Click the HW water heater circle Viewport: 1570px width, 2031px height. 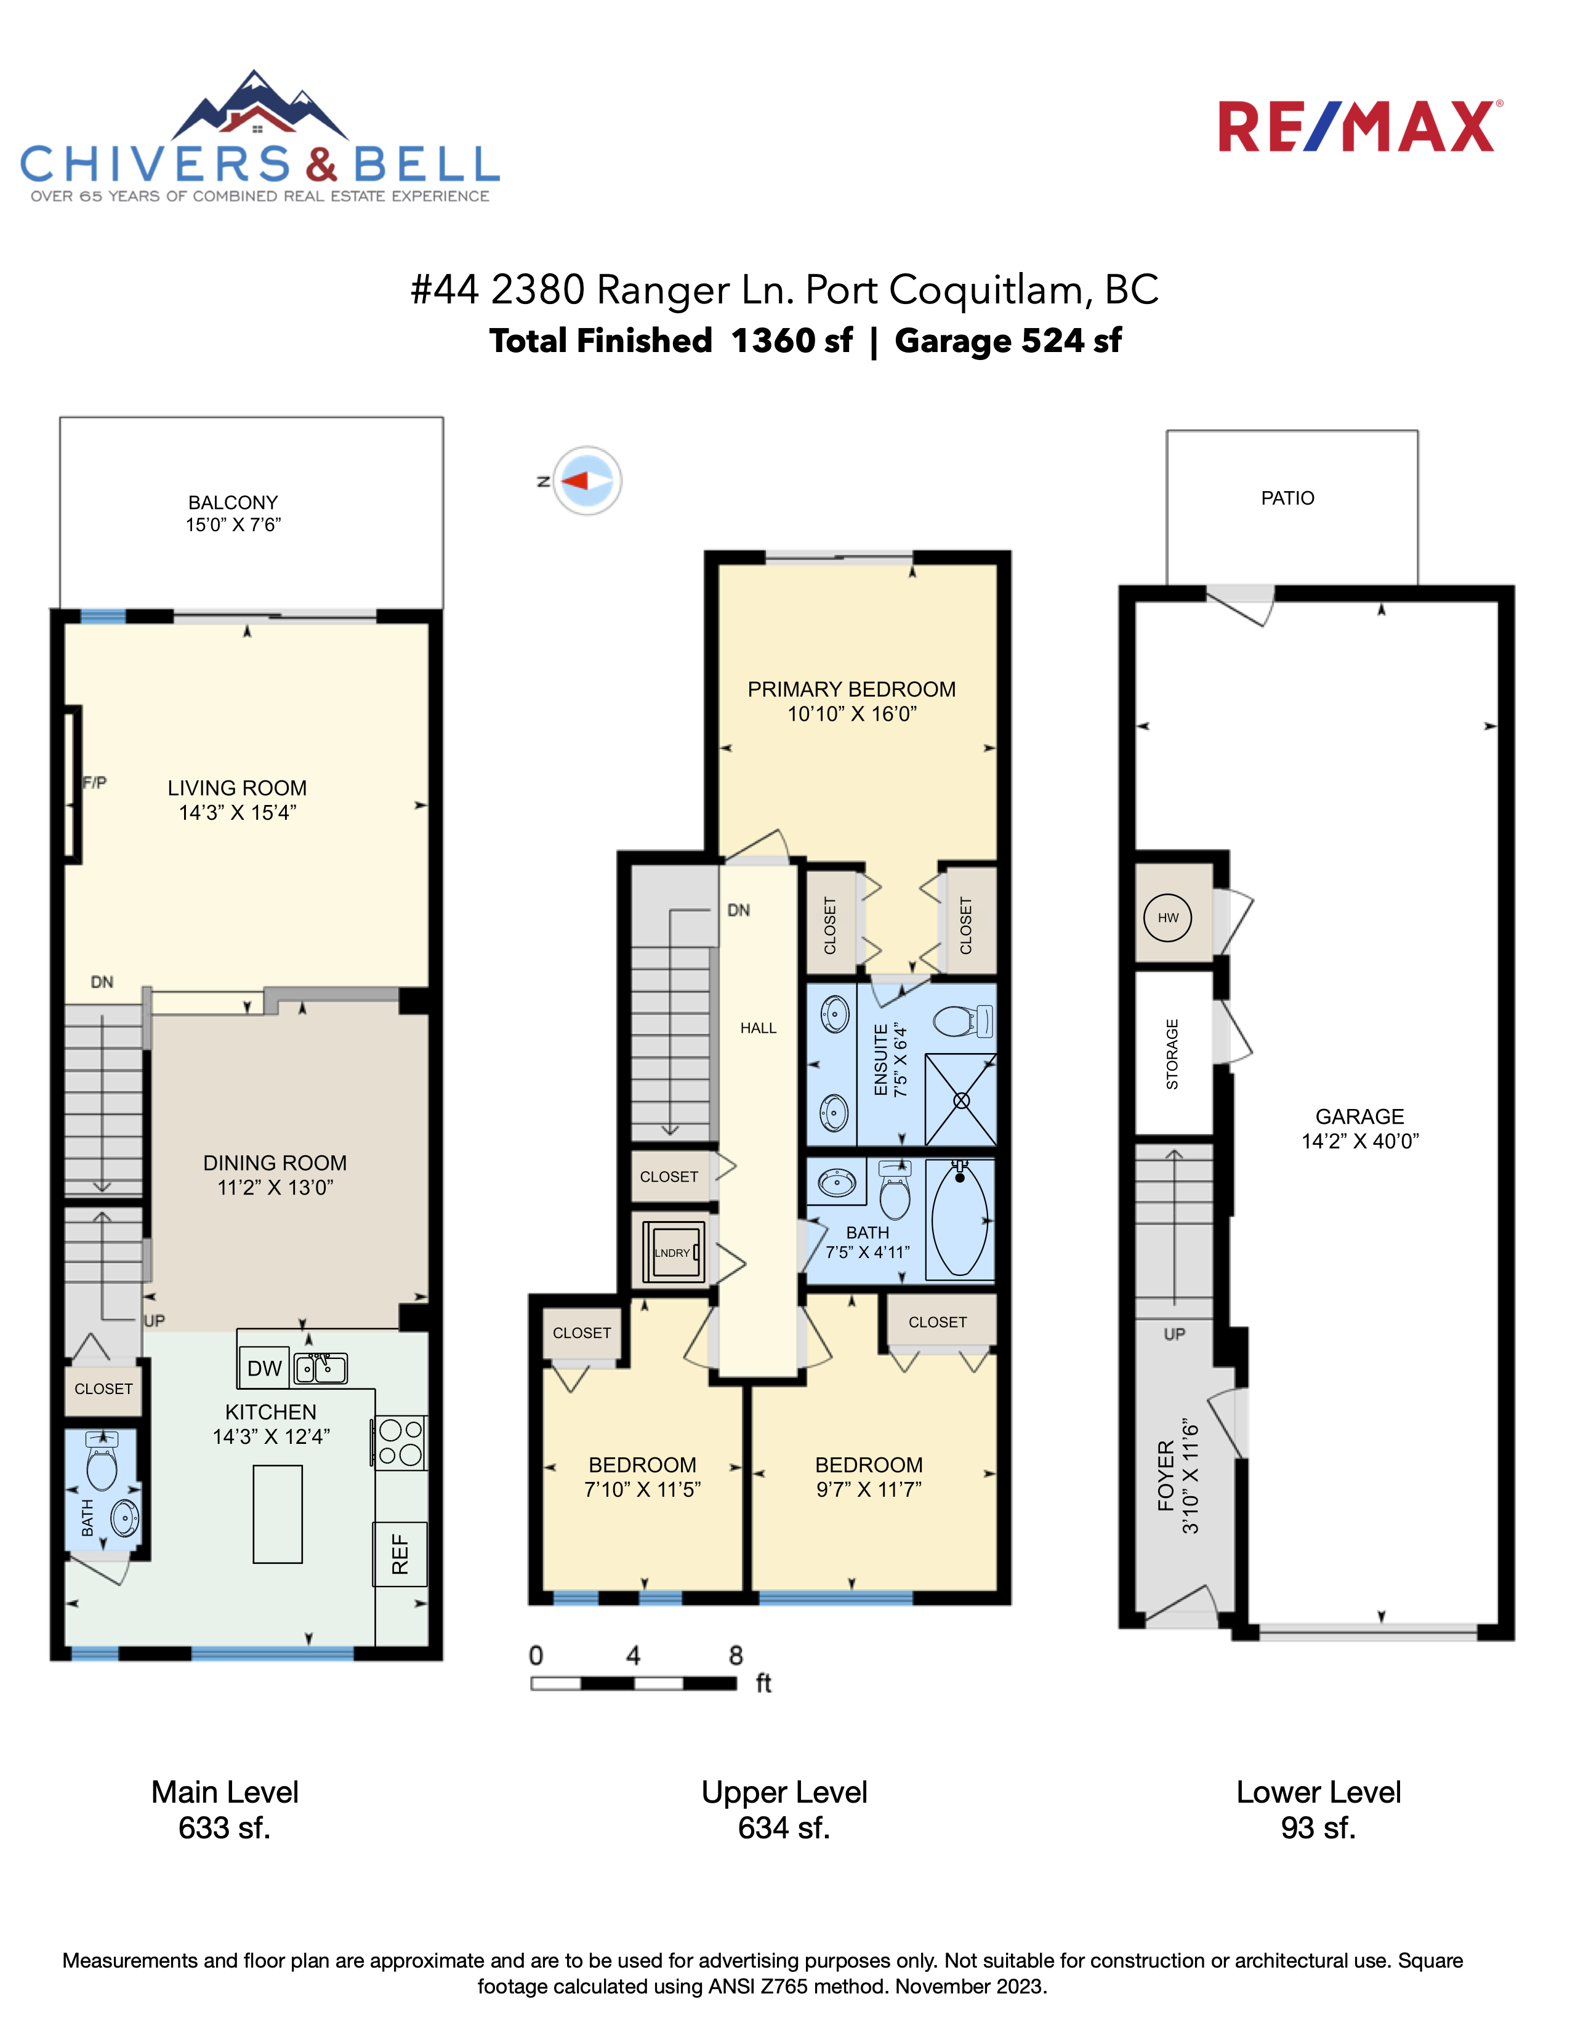click(x=1168, y=918)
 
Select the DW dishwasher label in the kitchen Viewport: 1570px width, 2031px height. click(x=264, y=1368)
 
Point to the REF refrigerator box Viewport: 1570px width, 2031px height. click(x=400, y=1554)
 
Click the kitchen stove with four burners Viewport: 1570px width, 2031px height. click(x=401, y=1443)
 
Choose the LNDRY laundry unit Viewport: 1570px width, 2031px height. click(x=672, y=1252)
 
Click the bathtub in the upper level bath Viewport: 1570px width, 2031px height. click(x=960, y=1219)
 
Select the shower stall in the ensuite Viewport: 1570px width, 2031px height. click(x=961, y=1100)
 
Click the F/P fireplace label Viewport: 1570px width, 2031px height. click(x=95, y=783)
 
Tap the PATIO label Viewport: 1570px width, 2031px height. click(x=1287, y=499)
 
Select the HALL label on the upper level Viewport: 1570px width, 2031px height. click(x=758, y=1028)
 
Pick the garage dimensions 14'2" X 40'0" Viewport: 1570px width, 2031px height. click(x=1360, y=1141)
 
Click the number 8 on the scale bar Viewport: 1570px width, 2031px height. click(x=736, y=1656)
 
